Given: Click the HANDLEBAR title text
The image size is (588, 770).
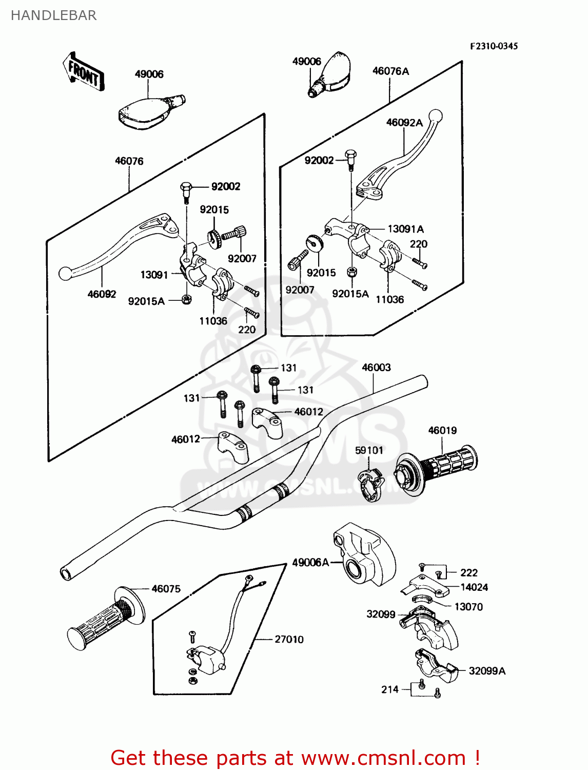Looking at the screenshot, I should click(x=53, y=15).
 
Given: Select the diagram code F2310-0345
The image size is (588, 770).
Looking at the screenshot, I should click(x=494, y=46).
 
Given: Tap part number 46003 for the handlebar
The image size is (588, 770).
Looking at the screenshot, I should click(x=376, y=368).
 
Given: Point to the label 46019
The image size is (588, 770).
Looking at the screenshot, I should click(x=442, y=430).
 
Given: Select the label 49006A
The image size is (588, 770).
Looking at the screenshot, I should click(x=310, y=563).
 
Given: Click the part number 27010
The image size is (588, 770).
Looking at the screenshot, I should click(x=289, y=639).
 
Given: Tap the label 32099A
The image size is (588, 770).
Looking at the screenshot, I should click(x=487, y=671).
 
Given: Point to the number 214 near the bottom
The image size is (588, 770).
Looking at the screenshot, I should click(x=390, y=689).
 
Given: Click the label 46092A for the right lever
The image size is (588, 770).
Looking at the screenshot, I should click(x=404, y=123).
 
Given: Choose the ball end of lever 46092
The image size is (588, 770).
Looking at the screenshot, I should click(x=65, y=274).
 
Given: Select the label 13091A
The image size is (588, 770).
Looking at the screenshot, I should click(x=405, y=229).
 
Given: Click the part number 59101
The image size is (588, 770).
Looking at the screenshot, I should click(x=369, y=450).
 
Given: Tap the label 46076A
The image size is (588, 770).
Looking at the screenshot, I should click(x=390, y=71).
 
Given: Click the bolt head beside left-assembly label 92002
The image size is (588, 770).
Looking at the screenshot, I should click(x=186, y=187).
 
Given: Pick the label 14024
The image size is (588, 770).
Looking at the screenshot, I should click(x=474, y=587).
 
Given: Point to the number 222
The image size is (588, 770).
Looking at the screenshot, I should click(x=468, y=573).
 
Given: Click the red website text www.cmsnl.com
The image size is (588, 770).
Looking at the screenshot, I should click(x=383, y=758).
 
